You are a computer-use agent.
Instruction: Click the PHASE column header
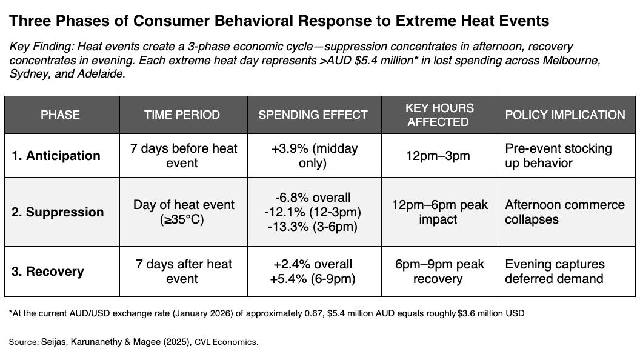pyautogui.click(x=60, y=115)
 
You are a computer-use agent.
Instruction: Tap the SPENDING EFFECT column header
pyautogui.click(x=313, y=115)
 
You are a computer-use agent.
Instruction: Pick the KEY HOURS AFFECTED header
pyautogui.click(x=439, y=115)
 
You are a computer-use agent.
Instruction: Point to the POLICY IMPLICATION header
pyautogui.click(x=564, y=115)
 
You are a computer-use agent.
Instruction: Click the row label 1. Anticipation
pyautogui.click(x=56, y=156)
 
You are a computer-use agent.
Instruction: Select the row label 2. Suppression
pyautogui.click(x=58, y=212)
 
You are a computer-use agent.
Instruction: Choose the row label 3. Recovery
pyautogui.click(x=49, y=272)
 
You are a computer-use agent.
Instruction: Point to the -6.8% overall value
pyautogui.click(x=313, y=198)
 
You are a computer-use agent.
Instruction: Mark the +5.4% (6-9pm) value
pyautogui.click(x=313, y=279)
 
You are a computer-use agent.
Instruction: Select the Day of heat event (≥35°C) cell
pyautogui.click(x=183, y=212)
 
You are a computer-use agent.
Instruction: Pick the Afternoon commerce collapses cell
pyautogui.click(x=564, y=212)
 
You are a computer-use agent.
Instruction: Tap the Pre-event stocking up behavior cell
pyautogui.click(x=558, y=156)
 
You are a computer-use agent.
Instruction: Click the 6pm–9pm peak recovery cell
pyautogui.click(x=439, y=272)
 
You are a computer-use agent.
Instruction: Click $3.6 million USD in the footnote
pyautogui.click(x=491, y=313)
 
